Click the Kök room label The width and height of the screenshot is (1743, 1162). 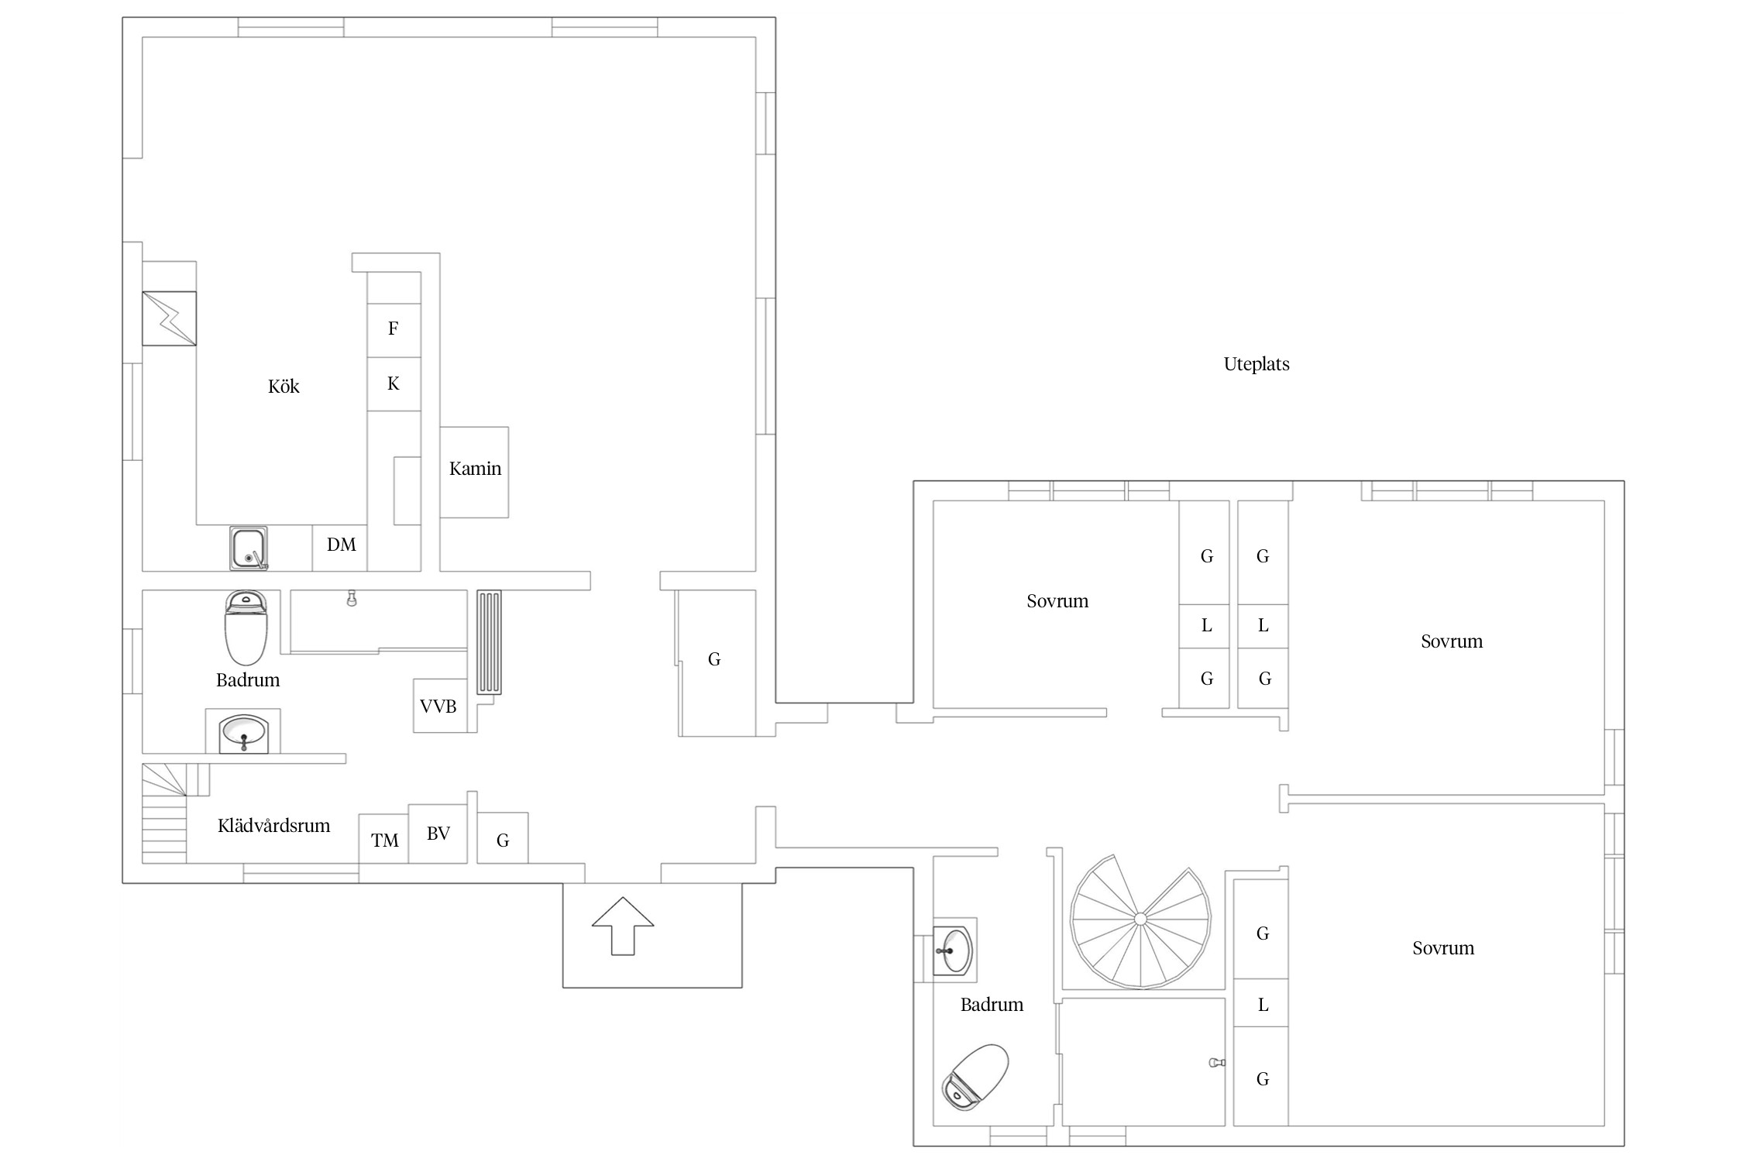tap(284, 387)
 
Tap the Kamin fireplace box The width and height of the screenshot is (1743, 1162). tap(474, 472)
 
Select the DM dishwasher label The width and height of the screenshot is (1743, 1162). tap(342, 545)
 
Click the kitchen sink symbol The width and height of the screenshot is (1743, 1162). tap(249, 548)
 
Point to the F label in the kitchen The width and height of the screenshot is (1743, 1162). tap(394, 328)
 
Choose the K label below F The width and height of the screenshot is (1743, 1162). tap(394, 383)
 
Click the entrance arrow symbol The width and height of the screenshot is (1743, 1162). tap(623, 926)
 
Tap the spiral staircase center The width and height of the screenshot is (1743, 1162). tap(1140, 919)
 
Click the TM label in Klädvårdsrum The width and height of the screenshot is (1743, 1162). tap(385, 841)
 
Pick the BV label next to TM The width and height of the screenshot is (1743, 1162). tap(438, 834)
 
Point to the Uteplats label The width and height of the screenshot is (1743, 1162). tap(1257, 364)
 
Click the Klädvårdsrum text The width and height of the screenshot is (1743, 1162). tap(273, 826)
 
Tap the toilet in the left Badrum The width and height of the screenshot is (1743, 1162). tap(246, 628)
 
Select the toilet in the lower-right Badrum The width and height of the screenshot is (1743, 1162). tap(975, 1077)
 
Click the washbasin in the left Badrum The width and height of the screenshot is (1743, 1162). tap(243, 731)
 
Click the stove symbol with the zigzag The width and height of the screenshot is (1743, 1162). tap(169, 318)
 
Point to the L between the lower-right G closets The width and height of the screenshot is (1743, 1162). tap(1263, 1006)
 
